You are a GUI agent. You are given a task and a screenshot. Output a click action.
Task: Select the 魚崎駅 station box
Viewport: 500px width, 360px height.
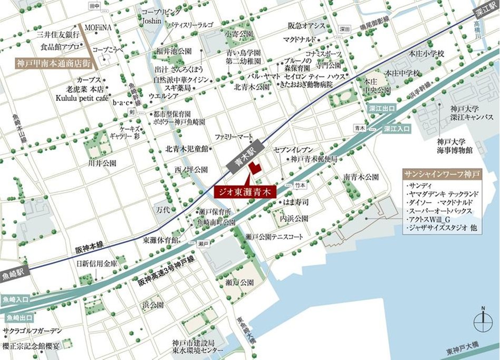point(14,274)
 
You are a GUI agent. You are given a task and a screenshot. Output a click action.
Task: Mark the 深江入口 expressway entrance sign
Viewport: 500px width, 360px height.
point(398,128)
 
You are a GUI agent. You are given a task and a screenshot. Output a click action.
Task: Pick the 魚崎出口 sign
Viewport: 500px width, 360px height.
point(17,318)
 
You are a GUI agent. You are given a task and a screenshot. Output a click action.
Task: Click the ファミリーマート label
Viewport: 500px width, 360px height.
point(235,137)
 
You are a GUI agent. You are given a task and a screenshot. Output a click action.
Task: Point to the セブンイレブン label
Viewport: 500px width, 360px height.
point(294,150)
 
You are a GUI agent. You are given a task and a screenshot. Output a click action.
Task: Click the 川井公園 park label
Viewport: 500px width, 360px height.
point(102,164)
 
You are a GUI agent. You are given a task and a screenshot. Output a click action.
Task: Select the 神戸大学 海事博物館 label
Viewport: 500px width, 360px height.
point(454,146)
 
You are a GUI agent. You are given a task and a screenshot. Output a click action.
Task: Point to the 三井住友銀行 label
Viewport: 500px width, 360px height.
point(58,34)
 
